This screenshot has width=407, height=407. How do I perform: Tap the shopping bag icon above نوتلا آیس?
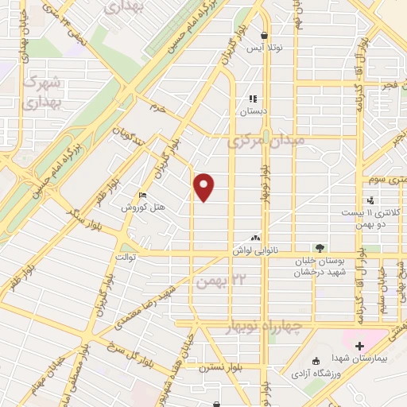pyautogui.click(x=264, y=35)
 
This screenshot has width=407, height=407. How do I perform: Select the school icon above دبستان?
pyautogui.click(x=253, y=99)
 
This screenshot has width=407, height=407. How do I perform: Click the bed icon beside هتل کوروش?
pyautogui.click(x=142, y=195)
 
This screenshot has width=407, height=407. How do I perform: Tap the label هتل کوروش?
pyautogui.click(x=142, y=208)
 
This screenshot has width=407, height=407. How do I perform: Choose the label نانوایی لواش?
pyautogui.click(x=257, y=250)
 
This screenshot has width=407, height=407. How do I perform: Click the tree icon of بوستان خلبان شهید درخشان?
pyautogui.click(x=320, y=248)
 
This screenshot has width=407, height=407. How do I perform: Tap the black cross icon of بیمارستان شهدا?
pyautogui.click(x=359, y=347)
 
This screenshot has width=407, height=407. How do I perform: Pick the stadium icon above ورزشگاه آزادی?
pyautogui.click(x=315, y=360)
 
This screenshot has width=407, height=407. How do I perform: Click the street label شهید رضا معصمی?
pyautogui.click(x=143, y=306)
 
